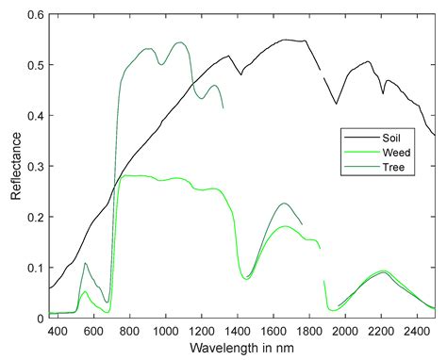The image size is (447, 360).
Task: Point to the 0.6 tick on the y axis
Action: [35, 16]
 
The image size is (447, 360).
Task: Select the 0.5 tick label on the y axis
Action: [35, 66]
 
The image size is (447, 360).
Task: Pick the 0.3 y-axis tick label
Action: [35, 167]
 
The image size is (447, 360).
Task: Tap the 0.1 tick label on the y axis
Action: [35, 268]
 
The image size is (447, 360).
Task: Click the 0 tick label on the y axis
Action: [40, 318]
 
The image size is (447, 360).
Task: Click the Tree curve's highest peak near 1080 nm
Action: [180, 42]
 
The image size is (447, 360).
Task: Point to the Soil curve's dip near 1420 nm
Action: [241, 74]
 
